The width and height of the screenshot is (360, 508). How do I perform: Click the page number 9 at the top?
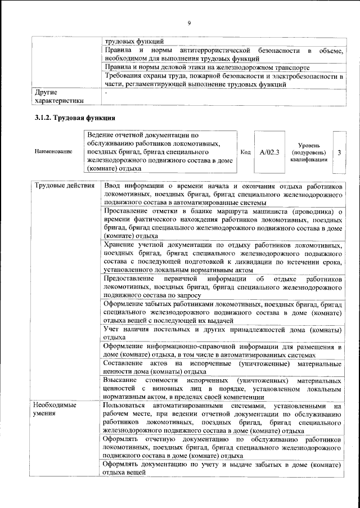pyautogui.click(x=190, y=22)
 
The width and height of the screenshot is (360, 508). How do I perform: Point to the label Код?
pyautogui.click(x=245, y=152)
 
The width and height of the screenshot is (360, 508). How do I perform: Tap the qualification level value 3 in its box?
pyautogui.click(x=339, y=152)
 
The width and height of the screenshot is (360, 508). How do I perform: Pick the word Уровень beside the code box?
pyautogui.click(x=309, y=145)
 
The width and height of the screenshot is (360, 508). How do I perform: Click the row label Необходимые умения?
pyautogui.click(x=55, y=408)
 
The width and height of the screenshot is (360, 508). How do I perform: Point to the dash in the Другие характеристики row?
pyautogui.click(x=105, y=91)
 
